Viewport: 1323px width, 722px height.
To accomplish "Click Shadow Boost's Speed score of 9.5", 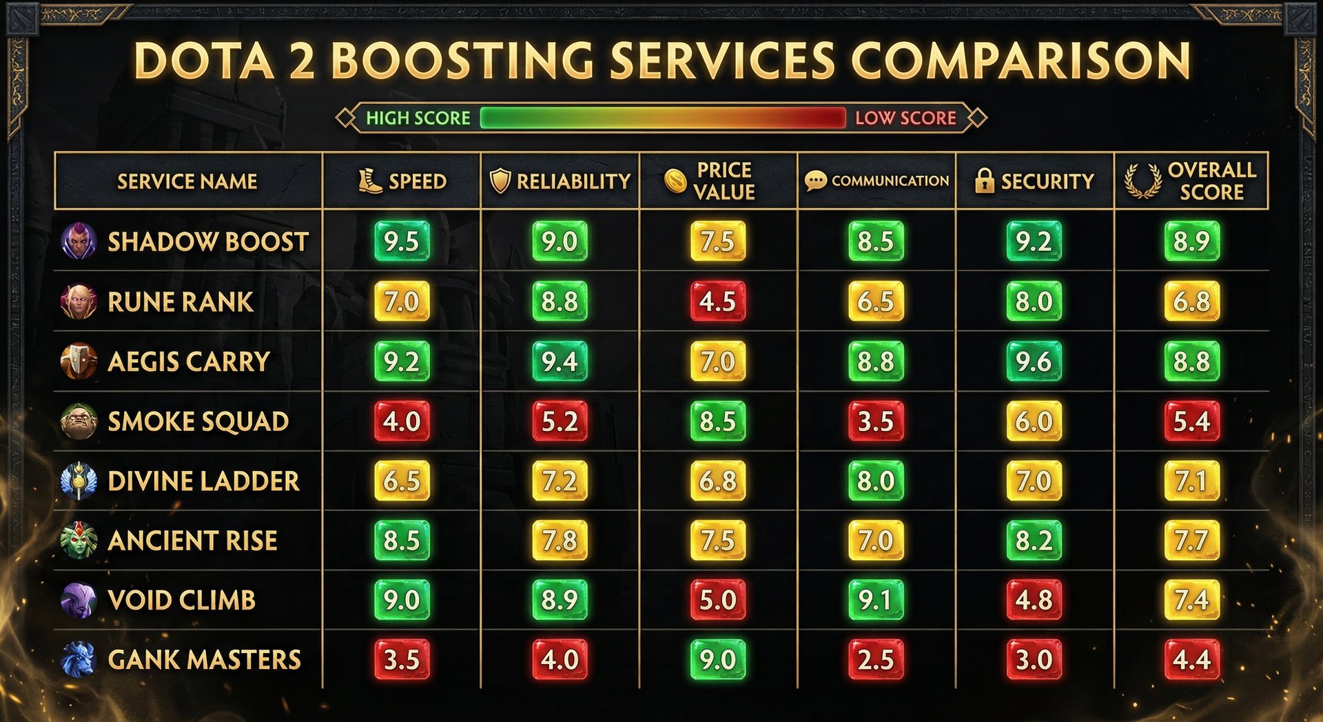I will tap(402, 241).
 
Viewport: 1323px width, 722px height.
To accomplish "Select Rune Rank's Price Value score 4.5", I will tap(718, 301).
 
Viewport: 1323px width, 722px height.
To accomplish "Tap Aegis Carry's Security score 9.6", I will tap(1034, 361).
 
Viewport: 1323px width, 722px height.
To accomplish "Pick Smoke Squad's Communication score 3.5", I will tap(876, 421).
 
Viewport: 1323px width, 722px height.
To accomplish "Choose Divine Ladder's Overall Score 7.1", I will tap(1191, 481).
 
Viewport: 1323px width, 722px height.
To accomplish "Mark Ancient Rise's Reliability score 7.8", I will tap(560, 541).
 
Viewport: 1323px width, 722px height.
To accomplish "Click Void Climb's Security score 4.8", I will tap(1034, 600).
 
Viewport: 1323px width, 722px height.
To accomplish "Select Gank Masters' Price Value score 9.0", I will tap(718, 660).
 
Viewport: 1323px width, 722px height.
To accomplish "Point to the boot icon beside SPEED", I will tap(370, 181).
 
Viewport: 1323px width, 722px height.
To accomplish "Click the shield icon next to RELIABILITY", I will tap(500, 181).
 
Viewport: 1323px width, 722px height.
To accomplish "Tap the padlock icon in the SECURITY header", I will tap(985, 181).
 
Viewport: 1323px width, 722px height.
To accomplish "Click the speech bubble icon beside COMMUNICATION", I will tap(815, 181).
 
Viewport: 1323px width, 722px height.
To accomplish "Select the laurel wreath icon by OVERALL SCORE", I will tap(1142, 181).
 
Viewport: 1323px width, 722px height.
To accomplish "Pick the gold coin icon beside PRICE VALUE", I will tap(675, 181).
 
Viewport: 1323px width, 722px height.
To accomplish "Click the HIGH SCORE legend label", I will tap(418, 118).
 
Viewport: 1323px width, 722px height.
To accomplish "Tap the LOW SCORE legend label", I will tap(905, 118).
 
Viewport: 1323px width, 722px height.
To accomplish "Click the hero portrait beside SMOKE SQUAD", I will tap(78, 421).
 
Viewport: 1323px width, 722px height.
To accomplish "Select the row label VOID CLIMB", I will tap(181, 600).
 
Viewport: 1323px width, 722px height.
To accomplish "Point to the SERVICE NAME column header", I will tap(187, 181).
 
